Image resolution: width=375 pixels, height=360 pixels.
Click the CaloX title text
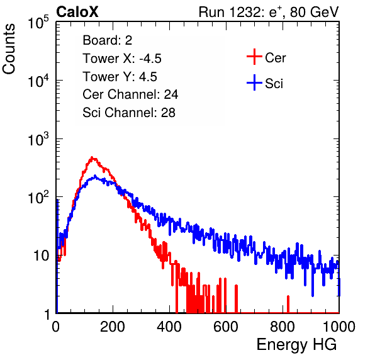[77, 12]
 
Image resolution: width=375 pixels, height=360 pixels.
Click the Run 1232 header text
[269, 12]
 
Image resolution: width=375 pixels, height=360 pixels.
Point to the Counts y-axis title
[9, 49]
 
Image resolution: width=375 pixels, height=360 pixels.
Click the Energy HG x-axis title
[296, 345]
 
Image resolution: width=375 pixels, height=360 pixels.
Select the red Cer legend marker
[254, 57]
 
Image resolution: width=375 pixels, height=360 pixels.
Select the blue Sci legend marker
[254, 82]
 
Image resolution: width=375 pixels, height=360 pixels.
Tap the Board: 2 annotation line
[108, 40]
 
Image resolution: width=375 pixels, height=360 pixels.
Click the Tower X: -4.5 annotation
[122, 59]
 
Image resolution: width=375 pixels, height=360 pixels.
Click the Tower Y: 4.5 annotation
[120, 77]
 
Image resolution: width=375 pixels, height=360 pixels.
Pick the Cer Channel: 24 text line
[130, 94]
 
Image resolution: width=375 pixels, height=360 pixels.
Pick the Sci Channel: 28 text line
[129, 113]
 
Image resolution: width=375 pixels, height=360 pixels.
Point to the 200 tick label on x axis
[113, 327]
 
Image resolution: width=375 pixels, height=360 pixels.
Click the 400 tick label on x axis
[169, 327]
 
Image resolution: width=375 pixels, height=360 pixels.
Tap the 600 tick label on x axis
[226, 327]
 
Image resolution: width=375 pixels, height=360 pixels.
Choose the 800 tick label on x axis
[283, 327]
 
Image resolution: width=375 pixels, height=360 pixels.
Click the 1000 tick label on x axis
[339, 327]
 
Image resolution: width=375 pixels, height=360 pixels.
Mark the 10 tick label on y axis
[41, 256]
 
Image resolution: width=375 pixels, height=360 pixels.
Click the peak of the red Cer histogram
[92, 157]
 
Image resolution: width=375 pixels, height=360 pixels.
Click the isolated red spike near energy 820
[288, 304]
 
